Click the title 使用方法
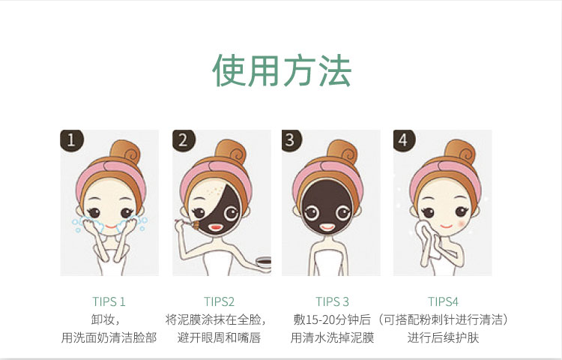[282, 70]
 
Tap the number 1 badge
[71, 140]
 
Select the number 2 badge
[184, 140]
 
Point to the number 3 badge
[291, 140]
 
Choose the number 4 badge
[404, 140]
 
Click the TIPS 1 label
[109, 302]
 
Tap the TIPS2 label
[219, 302]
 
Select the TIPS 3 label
[332, 302]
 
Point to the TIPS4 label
[443, 302]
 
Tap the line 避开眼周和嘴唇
[219, 337]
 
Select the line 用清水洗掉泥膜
[332, 337]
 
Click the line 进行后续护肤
[443, 337]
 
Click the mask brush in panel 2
[188, 224]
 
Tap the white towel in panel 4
[426, 239]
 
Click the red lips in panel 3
[327, 227]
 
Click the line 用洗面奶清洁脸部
[109, 337]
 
